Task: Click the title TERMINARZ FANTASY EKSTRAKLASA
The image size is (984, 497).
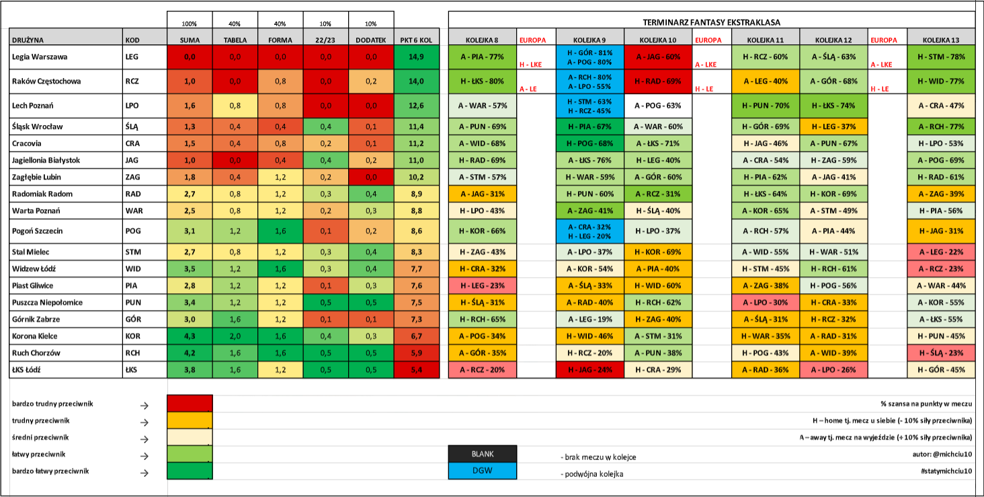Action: pyautogui.click(x=712, y=22)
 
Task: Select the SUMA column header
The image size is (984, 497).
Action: pyautogui.click(x=190, y=40)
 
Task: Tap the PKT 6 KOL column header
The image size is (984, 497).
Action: pyautogui.click(x=416, y=40)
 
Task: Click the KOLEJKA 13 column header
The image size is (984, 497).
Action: pyautogui.click(x=941, y=40)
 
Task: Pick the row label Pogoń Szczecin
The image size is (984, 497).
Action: pyautogui.click(x=38, y=231)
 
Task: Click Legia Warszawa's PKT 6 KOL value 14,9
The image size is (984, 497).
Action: pyautogui.click(x=417, y=57)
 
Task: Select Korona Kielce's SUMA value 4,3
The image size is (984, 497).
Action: pyautogui.click(x=190, y=336)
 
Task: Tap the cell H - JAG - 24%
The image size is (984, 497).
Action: pyautogui.click(x=589, y=370)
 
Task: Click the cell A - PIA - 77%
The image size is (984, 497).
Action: pyautogui.click(x=483, y=57)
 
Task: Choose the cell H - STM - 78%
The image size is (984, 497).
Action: pyautogui.click(x=941, y=57)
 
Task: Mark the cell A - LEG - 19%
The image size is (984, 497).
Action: pyautogui.click(x=589, y=319)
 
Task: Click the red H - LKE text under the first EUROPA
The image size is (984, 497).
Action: pyautogui.click(x=531, y=65)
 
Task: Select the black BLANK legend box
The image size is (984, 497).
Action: pyautogui.click(x=483, y=454)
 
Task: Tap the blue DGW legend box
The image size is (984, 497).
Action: pyautogui.click(x=483, y=471)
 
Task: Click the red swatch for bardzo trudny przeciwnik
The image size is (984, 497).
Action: pyautogui.click(x=190, y=404)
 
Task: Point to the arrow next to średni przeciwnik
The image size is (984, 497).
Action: pyautogui.click(x=144, y=439)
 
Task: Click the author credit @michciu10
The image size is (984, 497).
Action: pyautogui.click(x=942, y=455)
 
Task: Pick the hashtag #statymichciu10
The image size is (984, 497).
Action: pyautogui.click(x=946, y=471)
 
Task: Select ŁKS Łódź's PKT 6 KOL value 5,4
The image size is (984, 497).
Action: pyautogui.click(x=417, y=370)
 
